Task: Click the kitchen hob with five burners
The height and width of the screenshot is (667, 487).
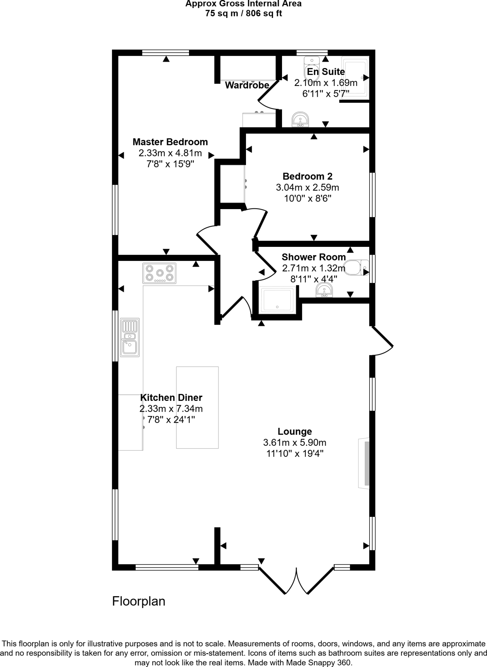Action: [x=159, y=273]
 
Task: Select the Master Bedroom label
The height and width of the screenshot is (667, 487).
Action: [x=170, y=142]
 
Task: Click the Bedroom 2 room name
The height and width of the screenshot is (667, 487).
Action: [x=307, y=177]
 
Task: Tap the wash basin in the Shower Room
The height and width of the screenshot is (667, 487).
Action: [x=324, y=290]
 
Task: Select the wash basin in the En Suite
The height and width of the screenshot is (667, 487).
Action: [x=300, y=120]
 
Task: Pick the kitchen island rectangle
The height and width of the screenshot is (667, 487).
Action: [x=197, y=407]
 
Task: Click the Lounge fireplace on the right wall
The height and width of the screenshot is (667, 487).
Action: [x=364, y=463]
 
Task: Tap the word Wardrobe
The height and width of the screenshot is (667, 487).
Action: [x=247, y=85]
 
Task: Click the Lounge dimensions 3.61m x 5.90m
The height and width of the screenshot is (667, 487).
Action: [x=294, y=443]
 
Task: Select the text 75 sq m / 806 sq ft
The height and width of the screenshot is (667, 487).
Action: [x=243, y=14]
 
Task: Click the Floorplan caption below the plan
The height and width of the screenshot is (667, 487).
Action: [x=139, y=601]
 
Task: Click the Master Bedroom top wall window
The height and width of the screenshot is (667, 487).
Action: [x=166, y=53]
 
